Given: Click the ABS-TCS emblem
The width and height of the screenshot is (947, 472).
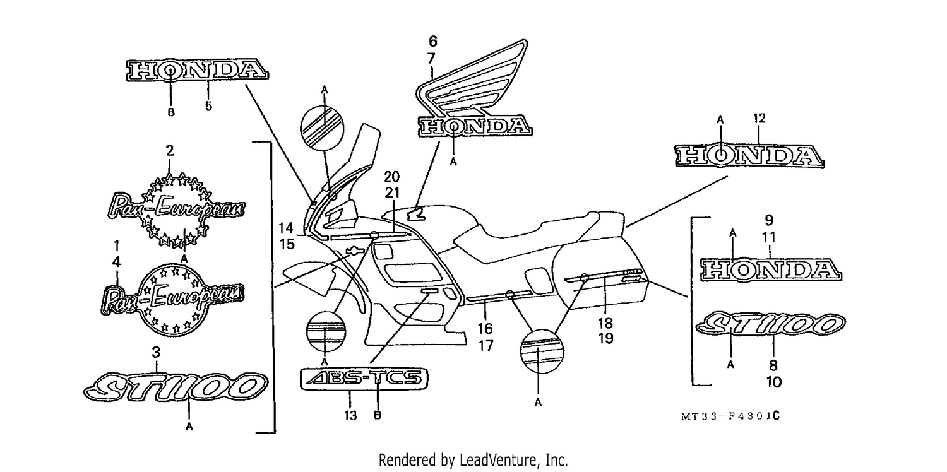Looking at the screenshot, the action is [x=364, y=378].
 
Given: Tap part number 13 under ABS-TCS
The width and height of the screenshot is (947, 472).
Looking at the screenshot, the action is [x=350, y=416].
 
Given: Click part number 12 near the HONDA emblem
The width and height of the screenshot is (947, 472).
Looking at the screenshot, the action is [x=759, y=119].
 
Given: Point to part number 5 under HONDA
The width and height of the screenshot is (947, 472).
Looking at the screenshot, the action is [x=208, y=105].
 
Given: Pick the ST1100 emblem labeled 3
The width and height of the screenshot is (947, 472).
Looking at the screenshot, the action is [x=176, y=386].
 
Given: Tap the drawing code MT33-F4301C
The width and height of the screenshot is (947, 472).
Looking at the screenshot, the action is [x=730, y=416].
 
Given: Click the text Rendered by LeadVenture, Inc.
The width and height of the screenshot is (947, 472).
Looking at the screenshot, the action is [x=473, y=459].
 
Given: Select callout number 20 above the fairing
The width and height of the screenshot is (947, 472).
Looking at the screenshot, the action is [x=392, y=177].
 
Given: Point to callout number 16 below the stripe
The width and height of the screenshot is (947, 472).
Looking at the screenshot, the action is [x=485, y=328].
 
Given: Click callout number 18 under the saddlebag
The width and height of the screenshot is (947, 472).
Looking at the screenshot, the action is [x=605, y=323].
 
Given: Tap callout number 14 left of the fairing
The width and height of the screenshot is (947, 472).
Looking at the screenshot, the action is [x=286, y=228].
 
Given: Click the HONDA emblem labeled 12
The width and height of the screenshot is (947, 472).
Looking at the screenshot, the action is [x=749, y=156].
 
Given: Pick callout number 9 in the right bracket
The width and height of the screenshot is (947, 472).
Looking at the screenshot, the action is [x=769, y=220].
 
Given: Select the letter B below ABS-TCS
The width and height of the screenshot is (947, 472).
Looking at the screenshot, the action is [x=378, y=415].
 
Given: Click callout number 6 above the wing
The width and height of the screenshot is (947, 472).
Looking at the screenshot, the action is [x=433, y=42].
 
